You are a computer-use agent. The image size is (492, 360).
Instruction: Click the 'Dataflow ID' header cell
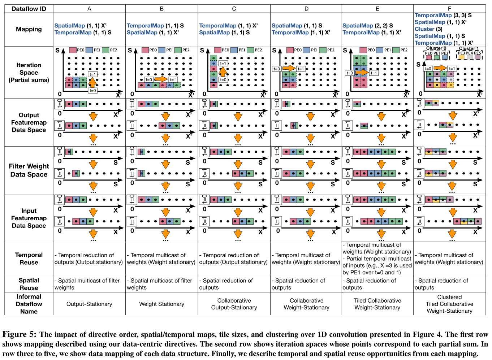pyautogui.click(x=29, y=9)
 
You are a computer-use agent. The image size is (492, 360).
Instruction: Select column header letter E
pyautogui.click(x=377, y=9)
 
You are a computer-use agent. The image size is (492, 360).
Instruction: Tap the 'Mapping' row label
pyautogui.click(x=29, y=29)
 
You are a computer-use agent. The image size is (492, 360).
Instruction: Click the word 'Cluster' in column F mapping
pyautogui.click(x=424, y=29)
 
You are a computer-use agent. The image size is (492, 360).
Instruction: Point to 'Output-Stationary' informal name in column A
pyautogui.click(x=89, y=304)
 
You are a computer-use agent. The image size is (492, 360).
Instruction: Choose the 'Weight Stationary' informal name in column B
pyautogui.click(x=161, y=304)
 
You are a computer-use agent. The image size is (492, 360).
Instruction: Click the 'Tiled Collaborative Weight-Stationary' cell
pyautogui.click(x=377, y=304)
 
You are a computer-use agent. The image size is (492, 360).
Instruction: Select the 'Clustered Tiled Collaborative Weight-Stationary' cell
pyautogui.click(x=449, y=304)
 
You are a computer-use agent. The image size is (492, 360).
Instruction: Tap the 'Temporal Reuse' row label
pyautogui.click(x=29, y=259)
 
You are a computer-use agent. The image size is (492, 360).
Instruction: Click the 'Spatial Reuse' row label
pyautogui.click(x=29, y=284)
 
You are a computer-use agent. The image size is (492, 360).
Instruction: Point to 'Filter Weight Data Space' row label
pyautogui.click(x=29, y=170)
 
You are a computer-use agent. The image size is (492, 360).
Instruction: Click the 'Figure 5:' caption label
pyautogui.click(x=19, y=334)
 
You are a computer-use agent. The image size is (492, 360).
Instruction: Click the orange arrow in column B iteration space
pyautogui.click(x=161, y=79)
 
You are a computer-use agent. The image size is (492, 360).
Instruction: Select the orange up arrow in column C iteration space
pyautogui.click(x=223, y=71)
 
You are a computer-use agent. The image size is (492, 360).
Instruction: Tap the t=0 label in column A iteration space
pyautogui.click(x=92, y=91)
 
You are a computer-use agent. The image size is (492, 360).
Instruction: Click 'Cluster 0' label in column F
pyautogui.click(x=436, y=48)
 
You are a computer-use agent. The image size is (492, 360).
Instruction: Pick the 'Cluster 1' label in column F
pyautogui.click(x=469, y=48)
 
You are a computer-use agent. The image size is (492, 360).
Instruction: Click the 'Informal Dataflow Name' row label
pyautogui.click(x=29, y=304)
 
